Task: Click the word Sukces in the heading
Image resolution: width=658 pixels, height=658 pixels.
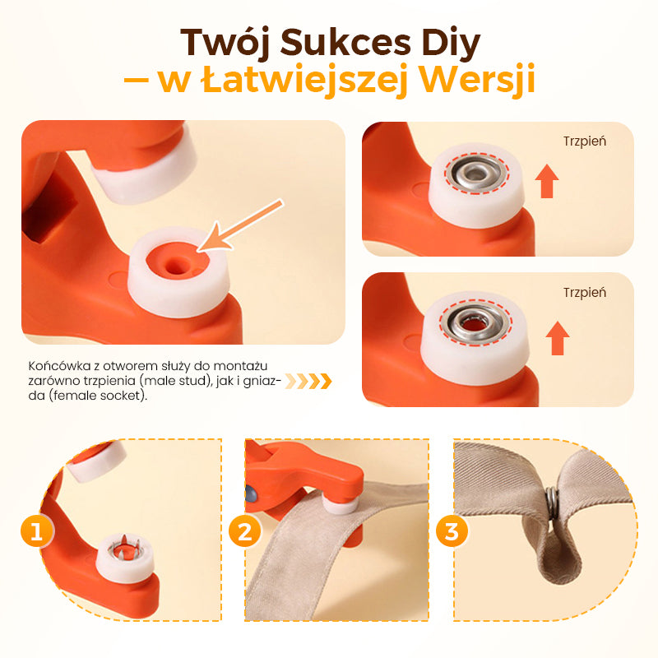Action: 345,42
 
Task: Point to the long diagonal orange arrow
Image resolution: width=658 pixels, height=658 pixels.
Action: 240,225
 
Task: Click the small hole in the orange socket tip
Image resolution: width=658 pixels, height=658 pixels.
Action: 175,265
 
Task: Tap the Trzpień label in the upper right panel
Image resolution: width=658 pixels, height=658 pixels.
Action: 585,141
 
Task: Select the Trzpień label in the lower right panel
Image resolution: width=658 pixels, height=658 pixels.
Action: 585,293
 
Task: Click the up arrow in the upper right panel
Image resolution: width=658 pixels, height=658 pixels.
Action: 547,181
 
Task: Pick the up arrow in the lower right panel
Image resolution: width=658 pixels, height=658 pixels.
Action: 558,338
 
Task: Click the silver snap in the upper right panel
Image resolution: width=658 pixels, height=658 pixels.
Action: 476,173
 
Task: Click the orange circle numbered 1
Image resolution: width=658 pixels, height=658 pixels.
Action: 37,531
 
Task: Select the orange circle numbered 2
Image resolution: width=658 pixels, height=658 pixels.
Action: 244,531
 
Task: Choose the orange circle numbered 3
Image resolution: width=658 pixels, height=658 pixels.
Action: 452,531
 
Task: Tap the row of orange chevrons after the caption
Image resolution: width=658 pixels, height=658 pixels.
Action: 308,381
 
